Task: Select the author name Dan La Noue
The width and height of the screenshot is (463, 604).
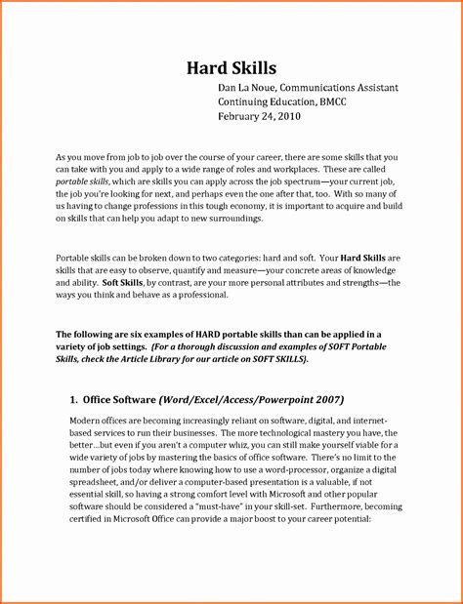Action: (x=249, y=88)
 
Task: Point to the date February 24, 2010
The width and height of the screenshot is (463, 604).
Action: (x=259, y=115)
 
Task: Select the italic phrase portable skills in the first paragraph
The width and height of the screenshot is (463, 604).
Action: (x=82, y=182)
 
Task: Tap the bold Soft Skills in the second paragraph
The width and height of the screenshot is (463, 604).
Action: (x=123, y=281)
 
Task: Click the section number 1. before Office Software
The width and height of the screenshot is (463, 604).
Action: (x=74, y=399)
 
